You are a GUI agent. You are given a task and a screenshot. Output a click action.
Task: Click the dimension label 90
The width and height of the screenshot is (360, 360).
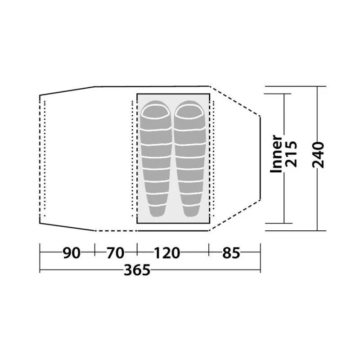(72, 253)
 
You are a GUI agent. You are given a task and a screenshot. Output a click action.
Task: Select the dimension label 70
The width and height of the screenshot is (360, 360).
(116, 253)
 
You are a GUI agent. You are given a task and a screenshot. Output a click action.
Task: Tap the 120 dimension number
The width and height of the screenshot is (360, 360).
(167, 253)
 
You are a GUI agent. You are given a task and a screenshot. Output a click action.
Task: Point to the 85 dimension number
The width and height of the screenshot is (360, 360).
(231, 253)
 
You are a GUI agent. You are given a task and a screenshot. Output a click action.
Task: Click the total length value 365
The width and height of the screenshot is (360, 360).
(137, 270)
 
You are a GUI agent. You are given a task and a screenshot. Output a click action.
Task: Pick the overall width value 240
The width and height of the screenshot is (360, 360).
(318, 155)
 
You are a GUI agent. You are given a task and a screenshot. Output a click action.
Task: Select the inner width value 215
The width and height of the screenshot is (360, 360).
(291, 154)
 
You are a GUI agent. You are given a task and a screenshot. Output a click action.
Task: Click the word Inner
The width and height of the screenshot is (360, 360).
(276, 154)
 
